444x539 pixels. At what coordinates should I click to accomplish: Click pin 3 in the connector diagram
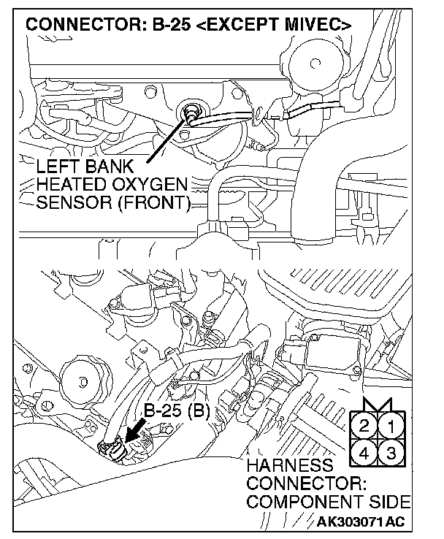[391, 452]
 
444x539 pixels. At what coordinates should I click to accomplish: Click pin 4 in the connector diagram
[365, 452]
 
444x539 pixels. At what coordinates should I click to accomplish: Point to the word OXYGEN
[150, 183]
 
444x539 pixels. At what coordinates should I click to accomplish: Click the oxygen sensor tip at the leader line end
[191, 111]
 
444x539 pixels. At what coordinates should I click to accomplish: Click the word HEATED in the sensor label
[71, 183]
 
